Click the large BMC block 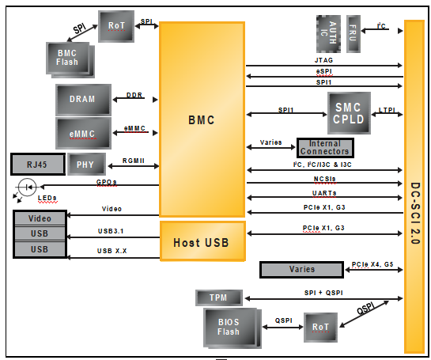pyautogui.click(x=202, y=119)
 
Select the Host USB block pyautogui.click(x=202, y=241)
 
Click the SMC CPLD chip pyautogui.click(x=349, y=113)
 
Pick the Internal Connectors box pyautogui.click(x=324, y=147)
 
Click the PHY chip pyautogui.click(x=85, y=165)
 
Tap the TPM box pyautogui.click(x=217, y=297)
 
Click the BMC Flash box pyautogui.click(x=68, y=57)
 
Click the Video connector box pyautogui.click(x=40, y=218)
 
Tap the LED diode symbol pyautogui.click(x=27, y=188)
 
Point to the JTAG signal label pyautogui.click(x=325, y=59)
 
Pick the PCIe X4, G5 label pyautogui.click(x=372, y=264)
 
